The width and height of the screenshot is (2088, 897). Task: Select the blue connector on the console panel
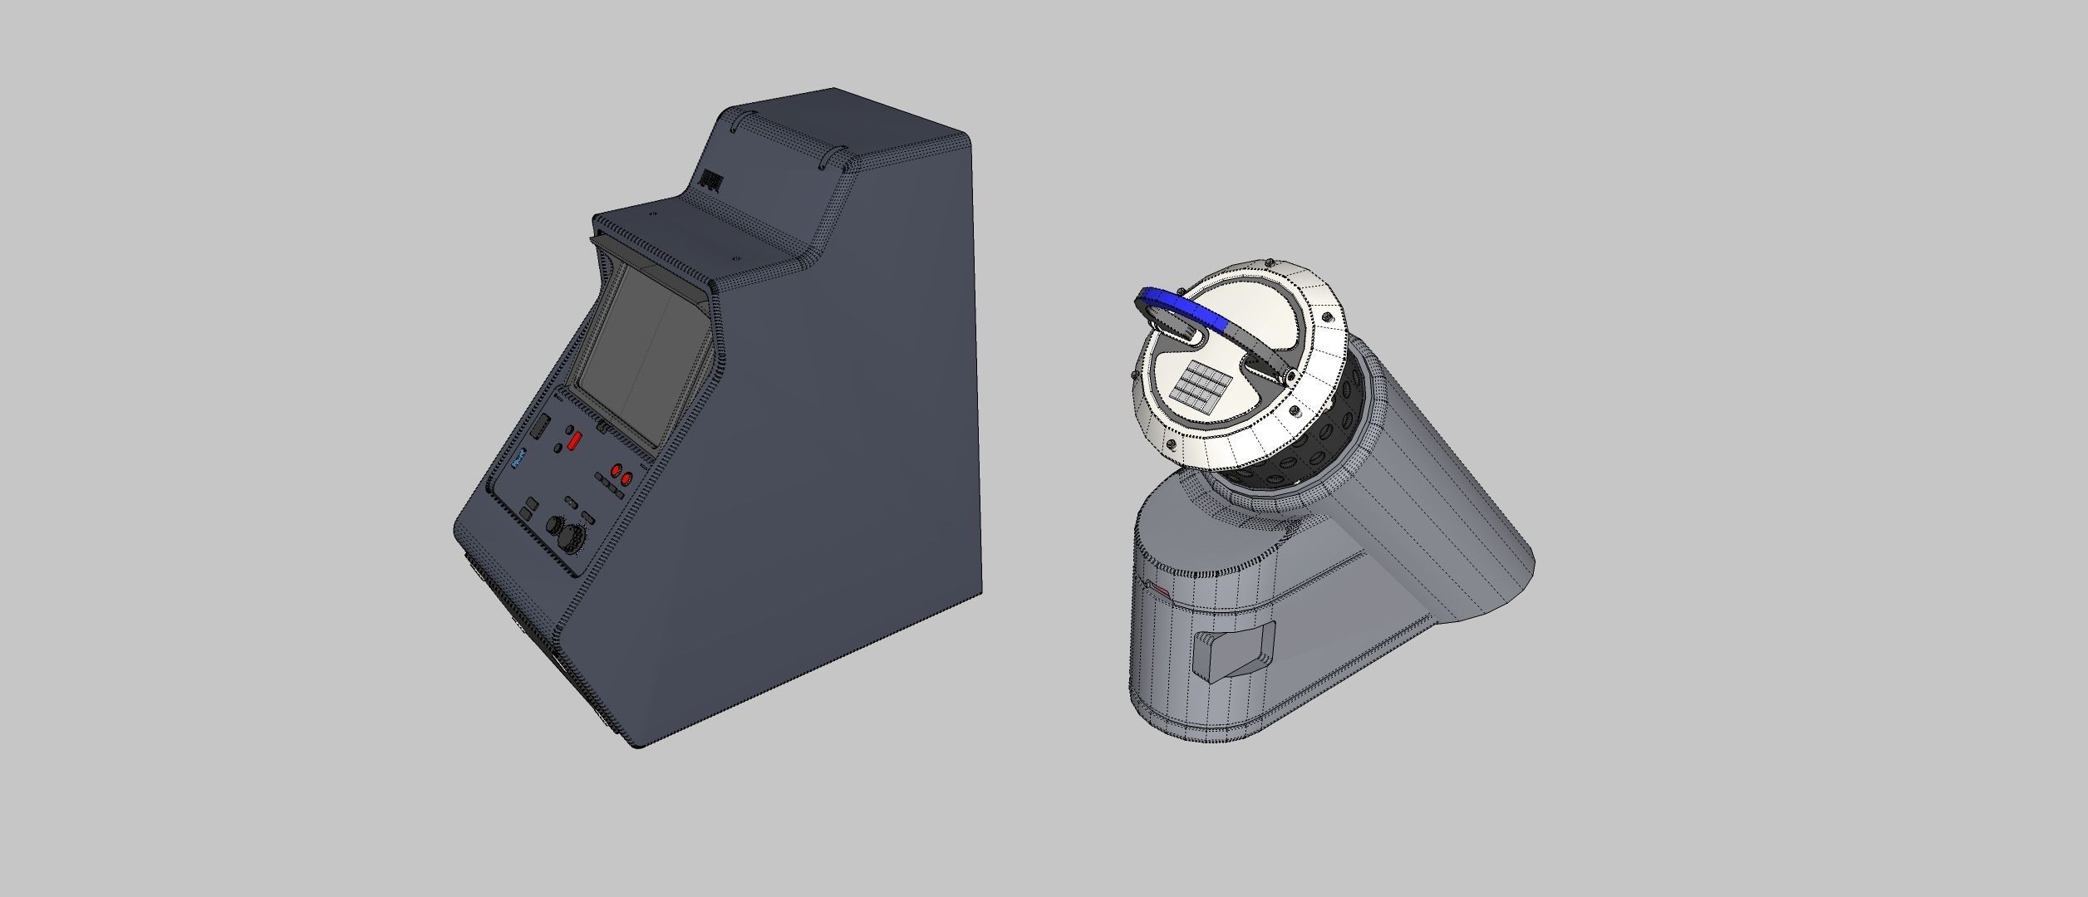[x=518, y=458]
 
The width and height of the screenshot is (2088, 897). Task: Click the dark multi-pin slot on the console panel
[x=540, y=427]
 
